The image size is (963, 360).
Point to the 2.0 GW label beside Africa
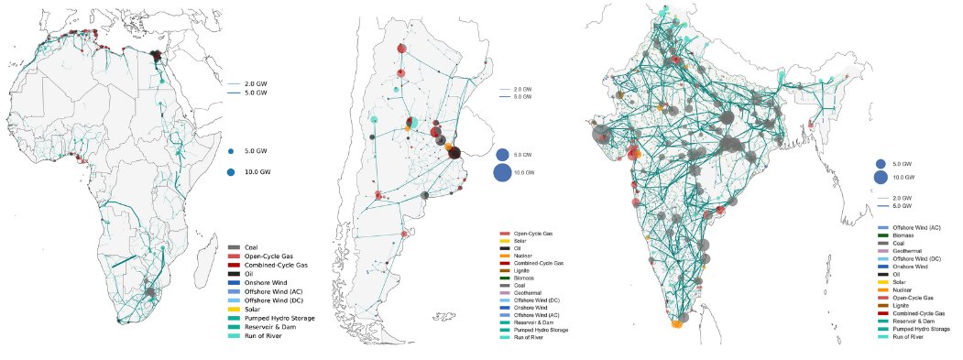click(x=256, y=84)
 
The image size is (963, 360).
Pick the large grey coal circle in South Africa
click(x=148, y=293)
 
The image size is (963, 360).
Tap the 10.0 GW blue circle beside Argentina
click(x=503, y=172)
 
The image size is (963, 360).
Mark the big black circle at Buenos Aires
click(x=454, y=153)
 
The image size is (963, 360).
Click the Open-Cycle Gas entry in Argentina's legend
click(x=532, y=234)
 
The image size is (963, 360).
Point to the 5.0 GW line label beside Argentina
click(x=522, y=96)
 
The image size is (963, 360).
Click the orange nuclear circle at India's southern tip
click(x=677, y=323)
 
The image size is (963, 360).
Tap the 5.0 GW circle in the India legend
click(x=881, y=163)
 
